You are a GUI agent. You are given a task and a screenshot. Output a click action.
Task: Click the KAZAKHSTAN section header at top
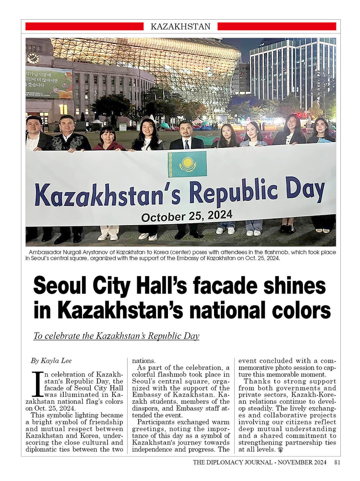pyautogui.click(x=180, y=26)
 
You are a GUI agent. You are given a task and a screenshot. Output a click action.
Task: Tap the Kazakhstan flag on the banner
pyautogui.click(x=187, y=164)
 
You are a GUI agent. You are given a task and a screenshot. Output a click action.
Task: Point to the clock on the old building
pyautogui.click(x=33, y=59)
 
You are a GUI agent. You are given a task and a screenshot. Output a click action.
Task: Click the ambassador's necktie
pyautogui.click(x=186, y=144)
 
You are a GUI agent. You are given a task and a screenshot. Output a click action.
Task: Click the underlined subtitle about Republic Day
pyautogui.click(x=116, y=336)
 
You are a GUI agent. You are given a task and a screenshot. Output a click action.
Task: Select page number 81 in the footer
pyautogui.click(x=337, y=463)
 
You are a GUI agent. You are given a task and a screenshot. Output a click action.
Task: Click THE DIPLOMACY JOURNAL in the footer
pyautogui.click(x=230, y=463)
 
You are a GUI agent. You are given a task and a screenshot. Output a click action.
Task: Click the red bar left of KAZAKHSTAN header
pyautogui.click(x=84, y=26)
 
